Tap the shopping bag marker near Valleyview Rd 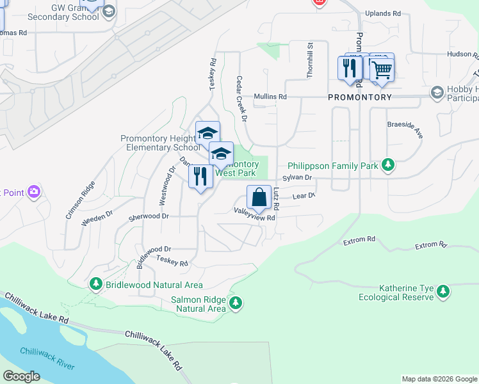pyautogui.click(x=259, y=198)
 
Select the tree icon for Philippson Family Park pyautogui.click(x=387, y=166)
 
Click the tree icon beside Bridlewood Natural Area pyautogui.click(x=95, y=283)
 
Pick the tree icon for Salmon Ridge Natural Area pyautogui.click(x=236, y=302)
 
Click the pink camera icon pyautogui.click(x=34, y=191)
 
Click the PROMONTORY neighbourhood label pyautogui.click(x=359, y=97)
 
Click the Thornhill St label pyautogui.click(x=309, y=60)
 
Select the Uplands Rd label pyautogui.click(x=382, y=13)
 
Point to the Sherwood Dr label pyautogui.click(x=149, y=216)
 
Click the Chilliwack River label pyautogui.click(x=47, y=358)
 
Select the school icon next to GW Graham pyautogui.click(x=109, y=11)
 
